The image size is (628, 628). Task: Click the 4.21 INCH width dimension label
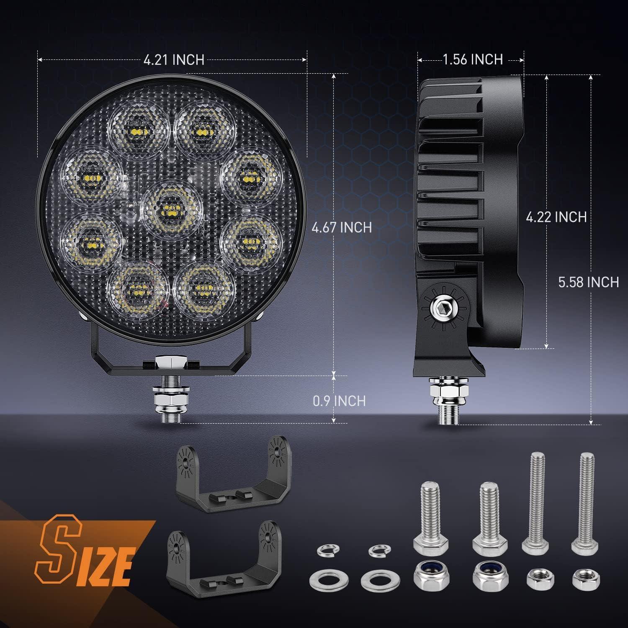click(174, 60)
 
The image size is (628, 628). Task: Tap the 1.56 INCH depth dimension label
click(473, 59)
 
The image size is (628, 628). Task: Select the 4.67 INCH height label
click(342, 227)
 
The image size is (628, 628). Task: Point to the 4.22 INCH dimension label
click(556, 217)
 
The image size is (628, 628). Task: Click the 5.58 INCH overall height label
click(588, 282)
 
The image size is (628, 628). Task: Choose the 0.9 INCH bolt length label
click(339, 401)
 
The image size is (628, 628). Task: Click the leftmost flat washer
click(321, 580)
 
